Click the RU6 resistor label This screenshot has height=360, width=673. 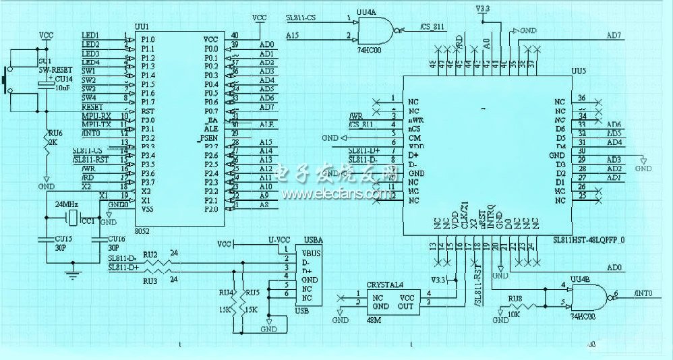click(55, 133)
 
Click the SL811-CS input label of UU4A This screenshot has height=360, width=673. click(301, 18)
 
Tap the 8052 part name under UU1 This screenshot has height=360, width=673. click(142, 231)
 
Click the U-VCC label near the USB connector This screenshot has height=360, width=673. click(278, 239)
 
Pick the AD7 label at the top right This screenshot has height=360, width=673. click(614, 35)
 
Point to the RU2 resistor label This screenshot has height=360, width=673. click(150, 254)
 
